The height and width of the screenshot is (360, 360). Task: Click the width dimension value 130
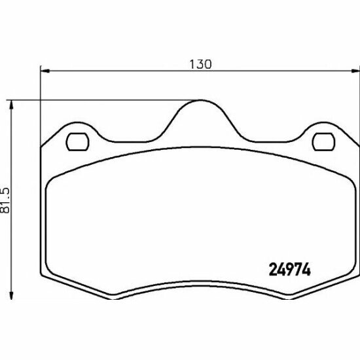tap(201, 63)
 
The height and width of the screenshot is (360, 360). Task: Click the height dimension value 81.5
tap(5, 199)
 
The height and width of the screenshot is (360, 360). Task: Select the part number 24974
tap(289, 268)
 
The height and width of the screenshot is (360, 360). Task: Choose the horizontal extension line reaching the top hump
tap(98, 100)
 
